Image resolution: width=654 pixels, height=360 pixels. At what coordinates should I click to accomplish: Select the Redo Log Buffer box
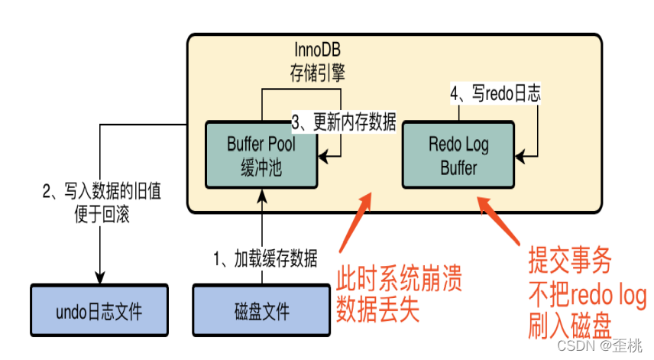[x=458, y=156]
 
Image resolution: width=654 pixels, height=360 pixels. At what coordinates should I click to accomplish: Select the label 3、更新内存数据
[x=344, y=122]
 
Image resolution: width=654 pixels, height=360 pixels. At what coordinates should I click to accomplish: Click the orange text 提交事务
[x=569, y=262]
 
